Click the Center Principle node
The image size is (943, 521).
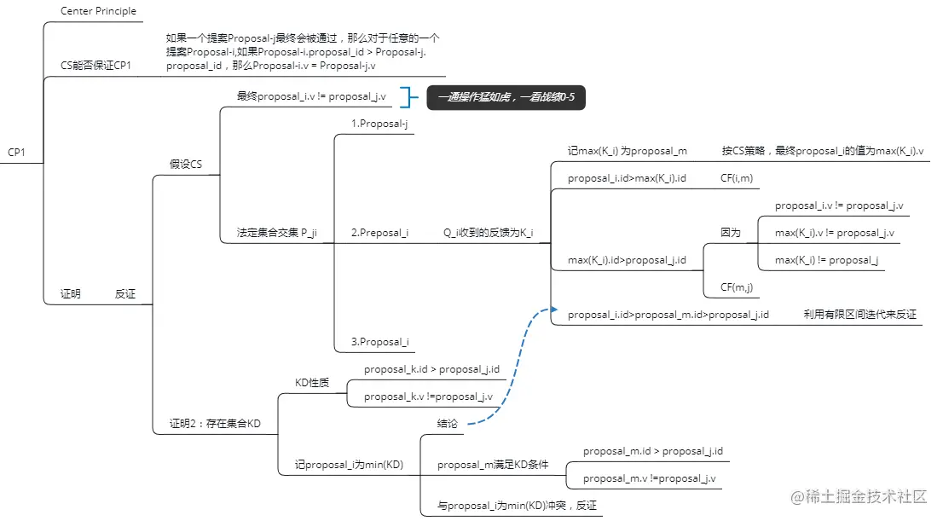(x=98, y=11)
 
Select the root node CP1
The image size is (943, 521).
(x=17, y=153)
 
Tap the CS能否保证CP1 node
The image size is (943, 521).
(x=95, y=66)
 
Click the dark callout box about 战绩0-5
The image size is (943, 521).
(x=506, y=97)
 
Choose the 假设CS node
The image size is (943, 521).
(x=185, y=165)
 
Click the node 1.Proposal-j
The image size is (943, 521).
(x=379, y=124)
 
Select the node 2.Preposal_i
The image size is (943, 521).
(x=379, y=233)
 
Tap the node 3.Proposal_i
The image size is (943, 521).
(x=379, y=342)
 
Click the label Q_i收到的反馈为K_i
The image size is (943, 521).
(x=488, y=233)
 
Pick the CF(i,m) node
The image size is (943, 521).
(x=737, y=178)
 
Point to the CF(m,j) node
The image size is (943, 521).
(x=737, y=287)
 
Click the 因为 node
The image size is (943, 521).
(x=731, y=233)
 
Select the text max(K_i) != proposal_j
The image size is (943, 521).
(x=827, y=260)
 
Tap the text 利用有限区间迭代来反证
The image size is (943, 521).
(x=859, y=315)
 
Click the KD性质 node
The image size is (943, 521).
(x=311, y=383)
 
